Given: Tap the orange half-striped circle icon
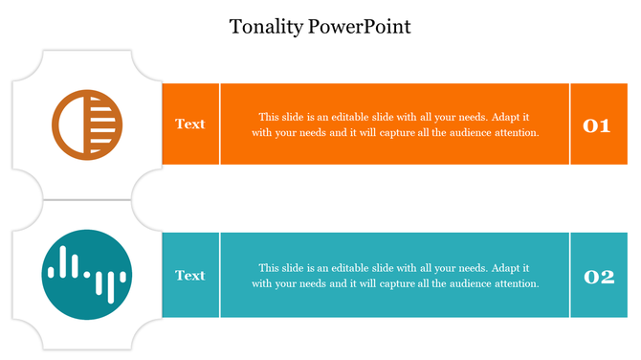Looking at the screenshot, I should click(x=87, y=124).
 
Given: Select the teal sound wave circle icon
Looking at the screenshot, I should click(x=87, y=275).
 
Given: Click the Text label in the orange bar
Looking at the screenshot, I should click(x=190, y=124).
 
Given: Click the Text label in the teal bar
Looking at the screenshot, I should click(x=190, y=276).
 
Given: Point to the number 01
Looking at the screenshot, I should click(x=597, y=124).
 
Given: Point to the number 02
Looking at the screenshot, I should click(x=598, y=278).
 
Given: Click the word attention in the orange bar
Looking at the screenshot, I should click(x=516, y=133).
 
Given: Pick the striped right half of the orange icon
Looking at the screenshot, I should click(x=105, y=124).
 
